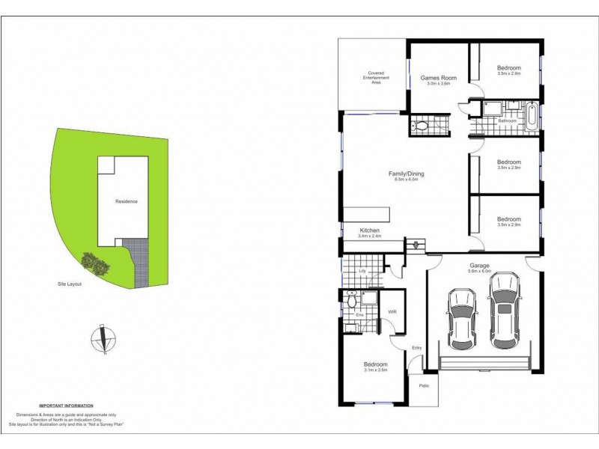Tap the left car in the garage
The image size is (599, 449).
pos(460,317)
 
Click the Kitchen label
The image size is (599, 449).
pos(370,230)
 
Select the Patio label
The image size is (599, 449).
pos(424,385)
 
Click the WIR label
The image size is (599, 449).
pos(391,313)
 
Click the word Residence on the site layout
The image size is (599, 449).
pos(126,202)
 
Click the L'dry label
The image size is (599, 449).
pos(362,269)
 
